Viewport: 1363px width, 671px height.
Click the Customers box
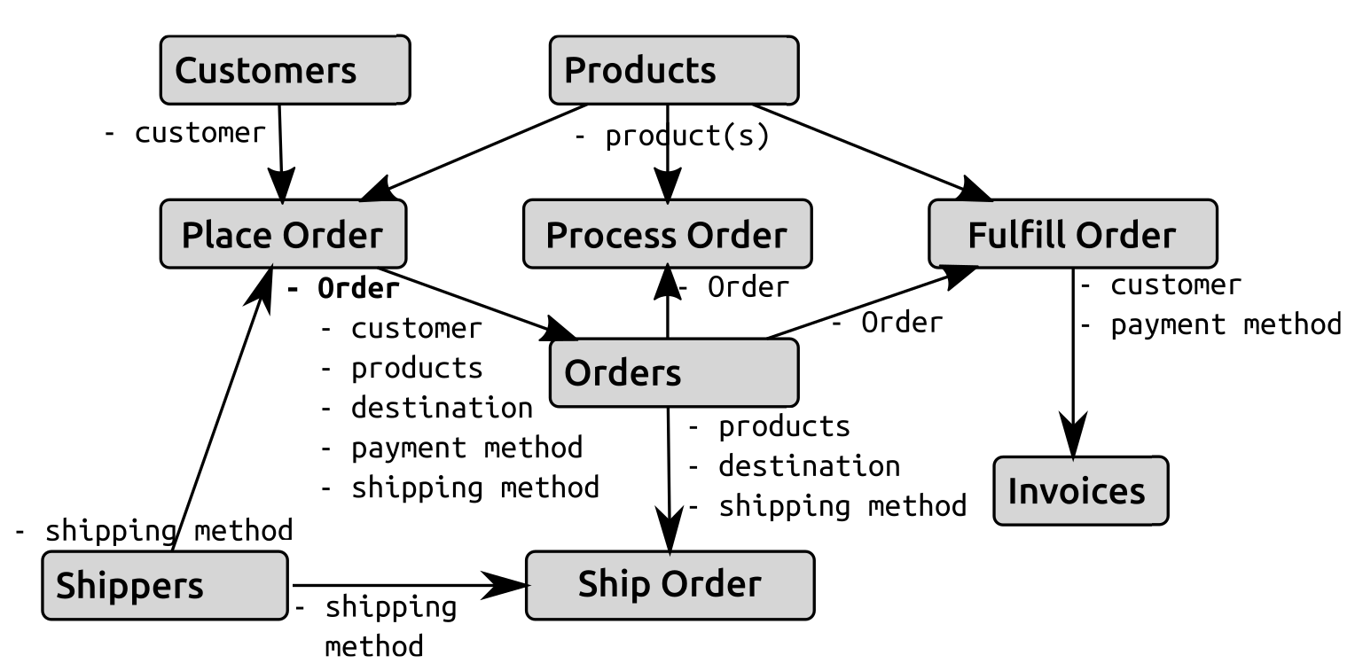coord(285,70)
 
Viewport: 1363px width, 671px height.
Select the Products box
coord(673,70)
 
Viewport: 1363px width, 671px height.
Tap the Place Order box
coord(283,234)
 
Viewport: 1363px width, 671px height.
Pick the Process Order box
coord(667,234)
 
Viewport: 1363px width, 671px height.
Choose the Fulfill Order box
coord(1072,234)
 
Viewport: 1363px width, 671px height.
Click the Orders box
coord(673,373)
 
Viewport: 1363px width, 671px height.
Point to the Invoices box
coord(1079,490)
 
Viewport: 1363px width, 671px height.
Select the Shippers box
coord(165,585)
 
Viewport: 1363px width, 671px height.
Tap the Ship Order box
coord(670,585)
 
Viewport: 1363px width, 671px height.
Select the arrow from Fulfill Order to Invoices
coord(1074,363)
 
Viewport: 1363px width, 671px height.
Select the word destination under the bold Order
coord(442,408)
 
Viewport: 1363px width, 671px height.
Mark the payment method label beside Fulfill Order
coord(1226,325)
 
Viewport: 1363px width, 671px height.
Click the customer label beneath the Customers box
coord(185,133)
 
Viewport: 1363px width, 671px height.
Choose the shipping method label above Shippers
coord(155,531)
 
